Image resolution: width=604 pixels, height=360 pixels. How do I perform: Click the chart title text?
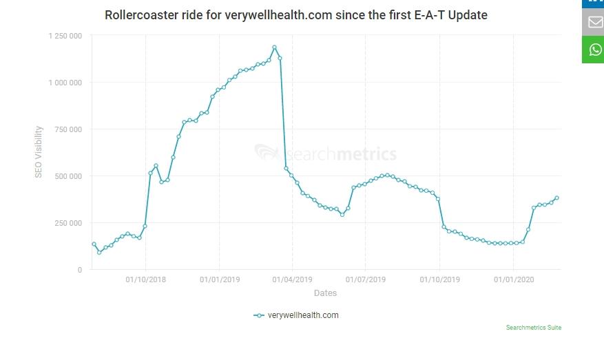(296, 14)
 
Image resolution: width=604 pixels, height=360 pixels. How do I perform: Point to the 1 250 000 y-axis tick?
(65, 35)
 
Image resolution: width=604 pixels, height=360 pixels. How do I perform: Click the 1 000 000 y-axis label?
(65, 83)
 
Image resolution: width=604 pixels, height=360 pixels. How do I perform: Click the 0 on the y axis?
(80, 270)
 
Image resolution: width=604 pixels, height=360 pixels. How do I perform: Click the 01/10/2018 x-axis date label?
(145, 279)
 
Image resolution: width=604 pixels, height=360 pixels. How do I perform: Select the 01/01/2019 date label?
(219, 279)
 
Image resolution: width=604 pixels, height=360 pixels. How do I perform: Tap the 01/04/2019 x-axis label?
(293, 279)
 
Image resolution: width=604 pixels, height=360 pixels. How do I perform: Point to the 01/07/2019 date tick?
(366, 279)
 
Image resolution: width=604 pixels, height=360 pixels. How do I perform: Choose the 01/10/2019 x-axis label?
(439, 279)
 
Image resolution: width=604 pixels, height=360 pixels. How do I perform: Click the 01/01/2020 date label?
(513, 279)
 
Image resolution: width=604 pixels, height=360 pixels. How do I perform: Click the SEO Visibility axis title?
(39, 151)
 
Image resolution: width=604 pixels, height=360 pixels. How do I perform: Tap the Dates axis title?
(325, 293)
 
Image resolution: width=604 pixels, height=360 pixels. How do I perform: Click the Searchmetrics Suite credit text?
(534, 328)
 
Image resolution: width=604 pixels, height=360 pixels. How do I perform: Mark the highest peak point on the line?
(274, 47)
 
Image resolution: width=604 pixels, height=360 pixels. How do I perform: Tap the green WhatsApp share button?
(594, 50)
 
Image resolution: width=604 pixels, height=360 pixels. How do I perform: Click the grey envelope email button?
(594, 22)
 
